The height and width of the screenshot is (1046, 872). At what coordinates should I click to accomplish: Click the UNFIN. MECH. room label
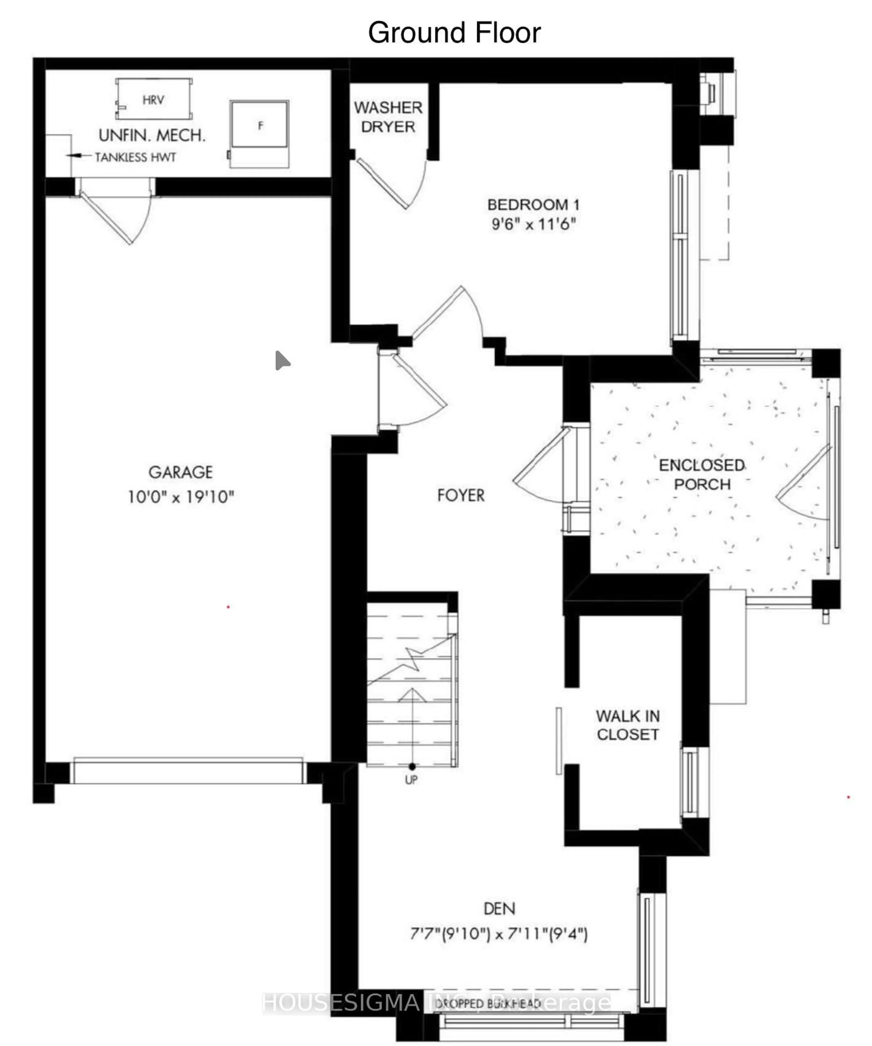[152, 136]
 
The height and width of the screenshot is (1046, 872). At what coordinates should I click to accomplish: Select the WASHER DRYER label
[388, 117]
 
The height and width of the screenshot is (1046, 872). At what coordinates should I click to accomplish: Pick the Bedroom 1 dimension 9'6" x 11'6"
[533, 224]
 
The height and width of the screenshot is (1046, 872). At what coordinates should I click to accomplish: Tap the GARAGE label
[180, 472]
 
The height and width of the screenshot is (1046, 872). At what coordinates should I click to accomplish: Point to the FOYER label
[461, 495]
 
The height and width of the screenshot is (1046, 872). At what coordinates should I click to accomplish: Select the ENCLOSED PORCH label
[702, 474]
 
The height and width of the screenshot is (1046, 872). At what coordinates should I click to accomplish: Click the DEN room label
[499, 909]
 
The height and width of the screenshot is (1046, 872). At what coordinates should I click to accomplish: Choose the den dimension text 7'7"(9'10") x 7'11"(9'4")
[499, 933]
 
